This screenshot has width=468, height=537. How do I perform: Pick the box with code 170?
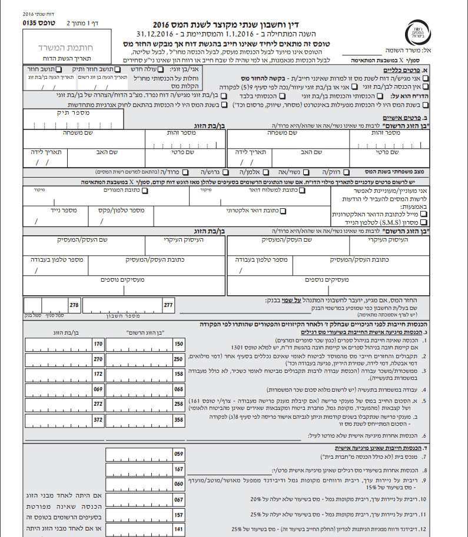[98, 343]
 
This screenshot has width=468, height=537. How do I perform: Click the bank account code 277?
[168, 305]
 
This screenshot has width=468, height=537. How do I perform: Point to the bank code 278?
[74, 305]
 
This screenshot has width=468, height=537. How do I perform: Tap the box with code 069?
[98, 389]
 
